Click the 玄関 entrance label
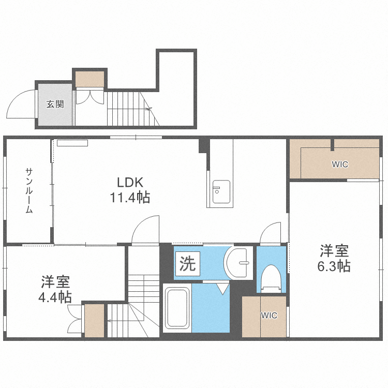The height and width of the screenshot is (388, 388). (55, 104)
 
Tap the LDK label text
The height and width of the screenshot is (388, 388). (130, 183)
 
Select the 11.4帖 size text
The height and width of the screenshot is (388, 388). (130, 198)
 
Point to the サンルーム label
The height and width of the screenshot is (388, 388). (29, 190)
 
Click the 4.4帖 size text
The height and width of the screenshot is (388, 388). (55, 297)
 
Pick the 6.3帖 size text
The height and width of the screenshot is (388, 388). (334, 266)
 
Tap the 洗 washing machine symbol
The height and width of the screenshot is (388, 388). (188, 263)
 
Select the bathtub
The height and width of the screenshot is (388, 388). (177, 308)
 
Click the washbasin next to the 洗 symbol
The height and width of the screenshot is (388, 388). (237, 263)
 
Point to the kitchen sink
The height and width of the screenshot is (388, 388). (221, 192)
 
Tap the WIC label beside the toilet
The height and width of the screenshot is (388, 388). (269, 316)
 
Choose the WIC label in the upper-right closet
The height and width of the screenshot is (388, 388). (340, 165)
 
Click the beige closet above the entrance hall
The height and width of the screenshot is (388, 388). (89, 79)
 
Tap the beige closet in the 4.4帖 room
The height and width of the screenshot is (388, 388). (94, 321)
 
